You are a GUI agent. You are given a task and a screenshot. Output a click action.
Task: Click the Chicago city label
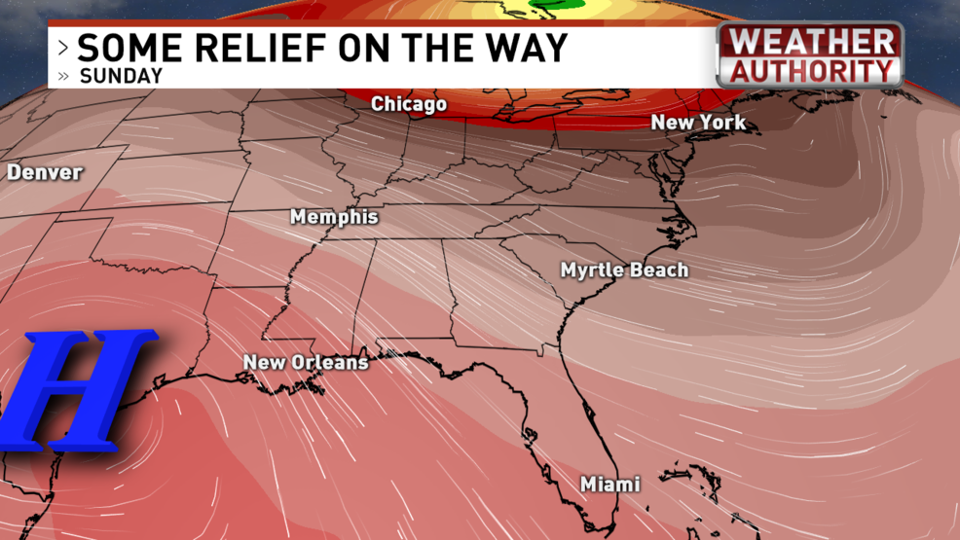[409, 104]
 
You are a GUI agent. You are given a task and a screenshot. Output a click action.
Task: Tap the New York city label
[698, 123]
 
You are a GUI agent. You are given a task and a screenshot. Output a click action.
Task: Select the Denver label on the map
[45, 173]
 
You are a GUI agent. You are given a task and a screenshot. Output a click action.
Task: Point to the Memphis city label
[334, 217]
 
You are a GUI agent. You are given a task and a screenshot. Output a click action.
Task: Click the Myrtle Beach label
[624, 270]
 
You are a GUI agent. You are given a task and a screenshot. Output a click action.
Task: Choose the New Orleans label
[306, 363]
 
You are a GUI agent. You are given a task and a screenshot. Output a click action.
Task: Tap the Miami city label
[610, 485]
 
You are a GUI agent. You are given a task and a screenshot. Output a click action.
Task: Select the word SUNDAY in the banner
[122, 75]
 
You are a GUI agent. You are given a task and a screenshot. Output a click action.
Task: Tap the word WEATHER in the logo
[812, 42]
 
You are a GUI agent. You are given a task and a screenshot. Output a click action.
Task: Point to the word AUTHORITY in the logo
[812, 70]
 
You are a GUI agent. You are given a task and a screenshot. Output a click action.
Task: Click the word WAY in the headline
[528, 48]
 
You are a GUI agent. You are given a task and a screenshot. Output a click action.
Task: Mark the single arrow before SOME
[63, 48]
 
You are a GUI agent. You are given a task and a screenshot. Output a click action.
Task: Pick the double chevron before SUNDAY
[64, 76]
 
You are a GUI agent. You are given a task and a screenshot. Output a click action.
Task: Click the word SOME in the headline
[122, 48]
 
